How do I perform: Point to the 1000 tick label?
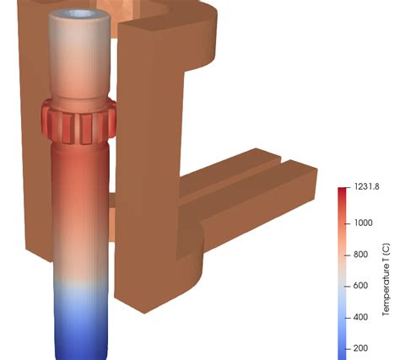click(364, 223)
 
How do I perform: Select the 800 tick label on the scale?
click(360, 255)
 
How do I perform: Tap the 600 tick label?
click(360, 286)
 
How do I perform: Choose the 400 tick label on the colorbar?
click(360, 318)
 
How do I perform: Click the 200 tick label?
click(360, 348)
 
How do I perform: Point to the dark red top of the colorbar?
click(343, 196)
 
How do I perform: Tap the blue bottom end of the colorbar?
click(343, 350)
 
